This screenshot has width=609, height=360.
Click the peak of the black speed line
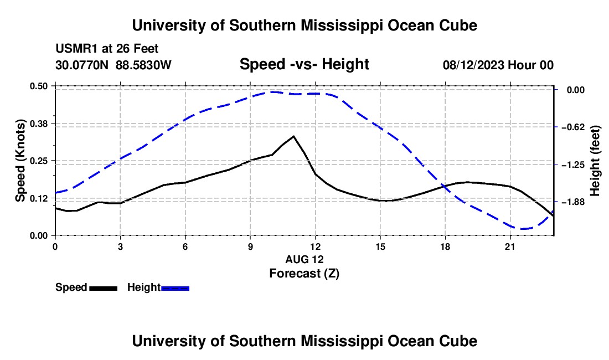293,136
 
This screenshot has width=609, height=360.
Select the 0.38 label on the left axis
38,124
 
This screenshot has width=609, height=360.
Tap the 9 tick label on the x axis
250,246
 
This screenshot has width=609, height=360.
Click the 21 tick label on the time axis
510,246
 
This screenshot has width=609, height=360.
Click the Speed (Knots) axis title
20,161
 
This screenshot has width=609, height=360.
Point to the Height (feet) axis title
595,161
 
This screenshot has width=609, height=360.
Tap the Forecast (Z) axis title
304,274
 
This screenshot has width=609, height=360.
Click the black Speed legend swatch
104,288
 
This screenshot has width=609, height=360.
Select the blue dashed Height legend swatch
175,288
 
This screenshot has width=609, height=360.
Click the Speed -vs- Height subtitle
304,64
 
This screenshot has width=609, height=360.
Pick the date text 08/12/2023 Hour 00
498,65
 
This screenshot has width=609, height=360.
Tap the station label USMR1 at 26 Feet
107,49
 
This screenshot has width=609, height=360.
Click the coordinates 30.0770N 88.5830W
113,65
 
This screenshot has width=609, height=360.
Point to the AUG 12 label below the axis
304,259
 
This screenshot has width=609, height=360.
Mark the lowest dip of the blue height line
523,229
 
